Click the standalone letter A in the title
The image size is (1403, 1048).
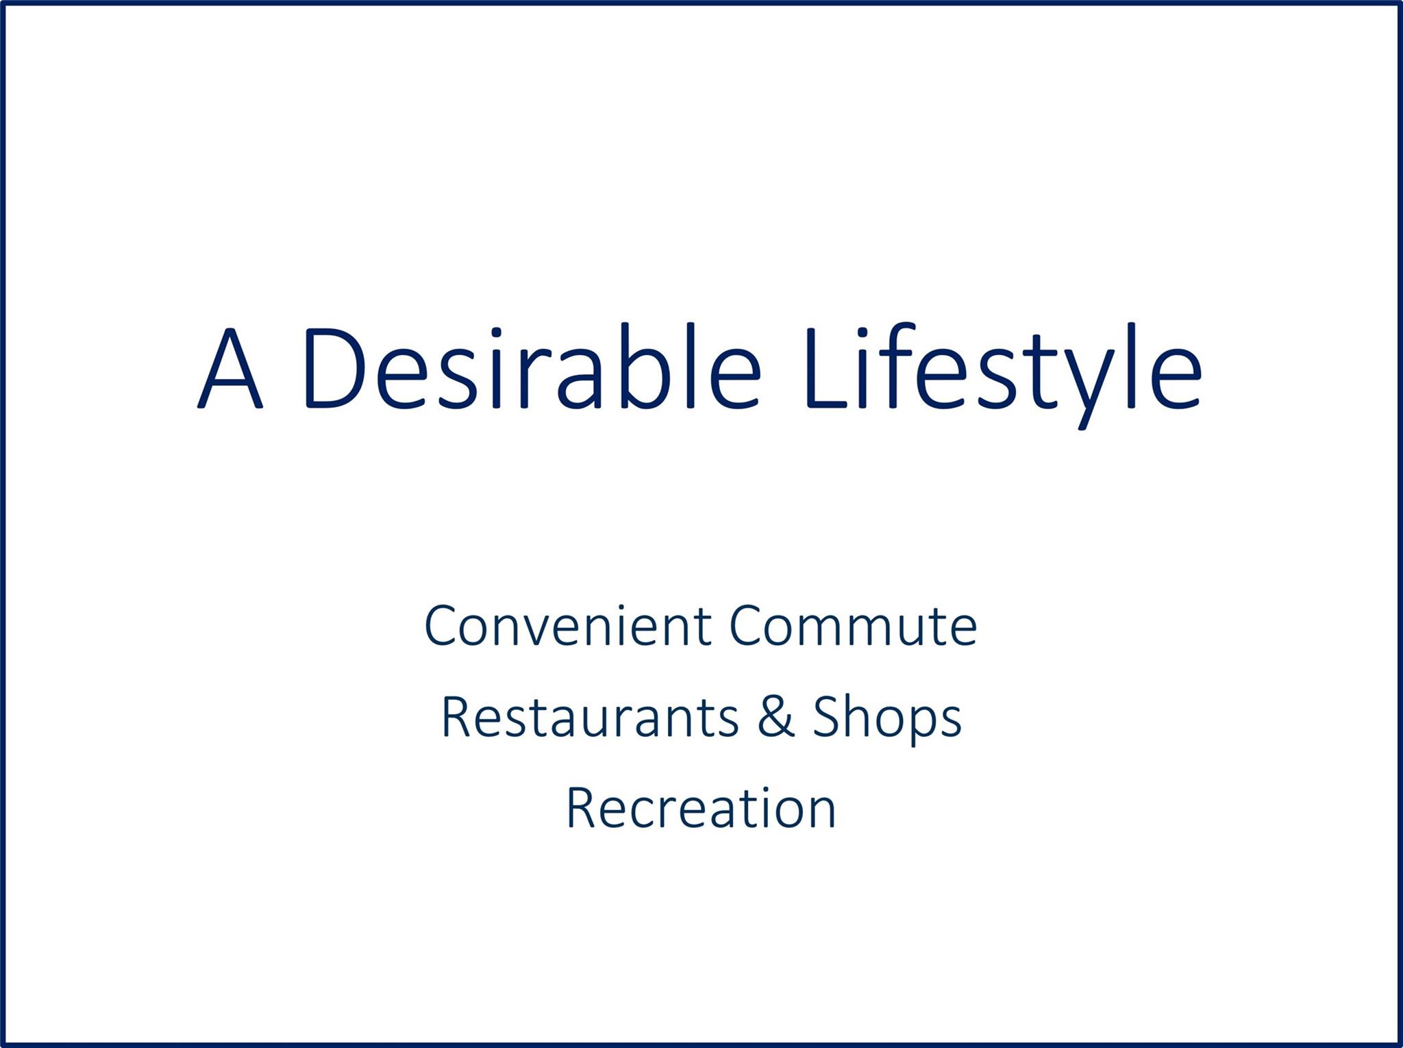[229, 369]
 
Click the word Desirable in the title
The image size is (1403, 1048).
[532, 366]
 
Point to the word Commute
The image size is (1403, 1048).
[853, 626]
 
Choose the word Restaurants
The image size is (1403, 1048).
[590, 717]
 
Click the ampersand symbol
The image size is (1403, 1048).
[775, 717]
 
